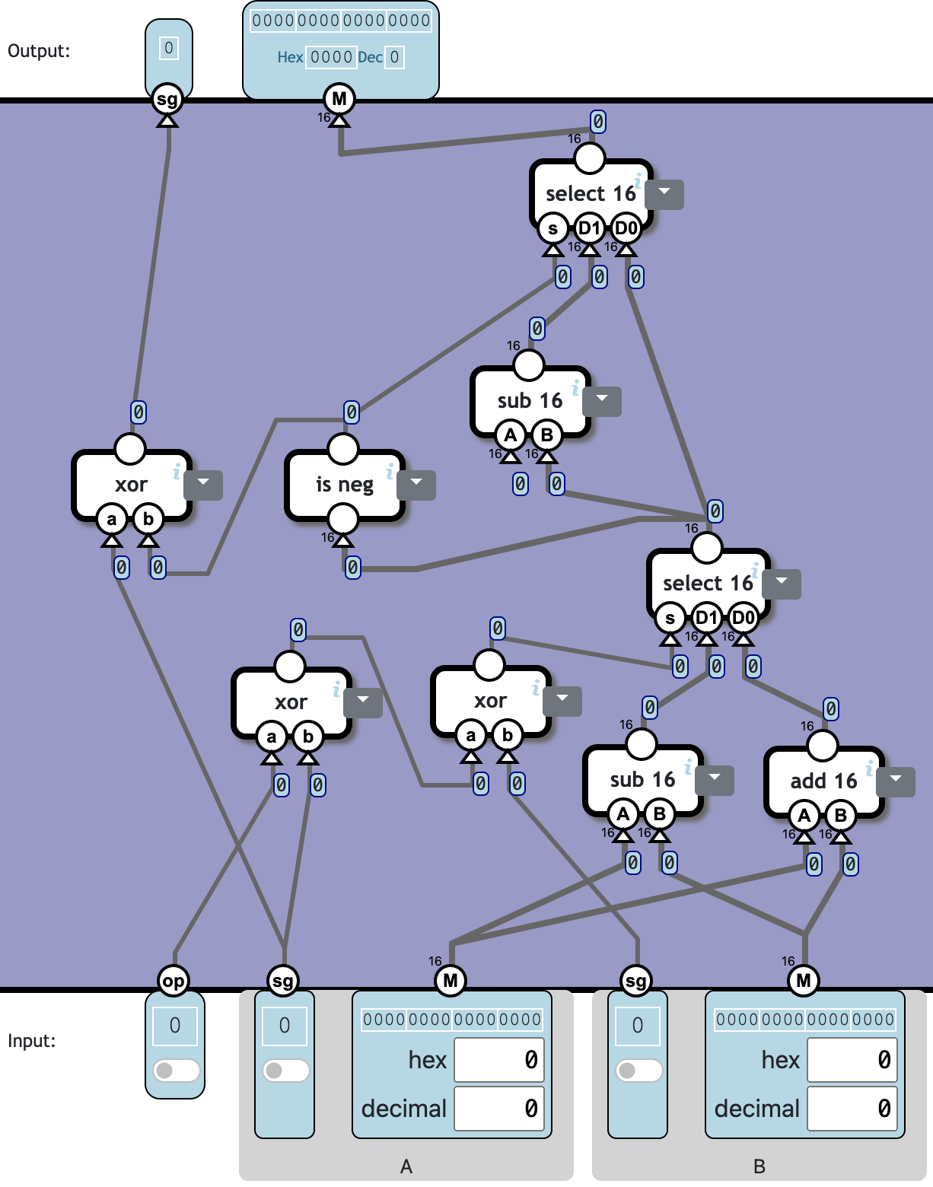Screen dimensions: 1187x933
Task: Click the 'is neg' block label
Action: [344, 485]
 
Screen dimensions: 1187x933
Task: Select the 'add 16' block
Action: [823, 781]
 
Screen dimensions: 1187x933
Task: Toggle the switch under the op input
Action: [176, 1070]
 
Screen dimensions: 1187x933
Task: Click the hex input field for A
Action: [499, 1059]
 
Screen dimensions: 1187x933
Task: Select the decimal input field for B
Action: [852, 1108]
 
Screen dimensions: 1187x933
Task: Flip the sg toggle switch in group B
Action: [638, 1070]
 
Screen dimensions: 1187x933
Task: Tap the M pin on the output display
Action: [339, 98]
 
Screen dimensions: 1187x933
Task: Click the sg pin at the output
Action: [167, 98]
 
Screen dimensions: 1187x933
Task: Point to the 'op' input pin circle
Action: [174, 980]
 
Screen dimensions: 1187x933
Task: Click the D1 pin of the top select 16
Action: [589, 228]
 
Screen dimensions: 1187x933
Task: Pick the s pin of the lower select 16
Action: [670, 618]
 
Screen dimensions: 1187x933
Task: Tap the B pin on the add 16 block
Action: [840, 816]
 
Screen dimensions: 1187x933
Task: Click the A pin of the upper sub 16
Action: [511, 435]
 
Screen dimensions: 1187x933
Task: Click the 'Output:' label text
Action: [39, 51]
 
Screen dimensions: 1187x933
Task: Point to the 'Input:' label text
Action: [32, 1040]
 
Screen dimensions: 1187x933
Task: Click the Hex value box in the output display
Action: [331, 57]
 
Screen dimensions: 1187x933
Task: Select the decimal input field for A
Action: [499, 1108]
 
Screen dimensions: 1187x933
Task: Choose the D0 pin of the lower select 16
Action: [743, 618]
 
